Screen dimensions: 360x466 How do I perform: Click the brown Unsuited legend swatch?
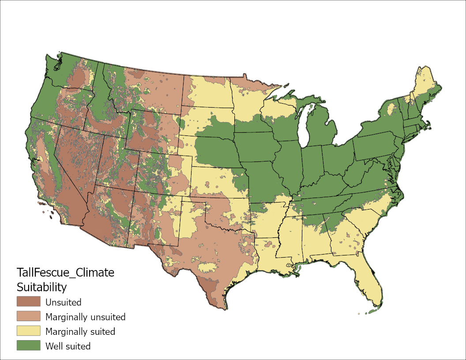(28, 302)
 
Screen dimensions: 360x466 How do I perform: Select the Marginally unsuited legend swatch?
(28, 317)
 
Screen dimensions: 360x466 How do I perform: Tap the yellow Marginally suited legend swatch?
(28, 331)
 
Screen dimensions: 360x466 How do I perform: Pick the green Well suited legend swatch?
(28, 346)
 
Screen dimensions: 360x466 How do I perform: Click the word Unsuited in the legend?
(63, 302)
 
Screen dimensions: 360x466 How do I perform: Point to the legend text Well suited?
(68, 346)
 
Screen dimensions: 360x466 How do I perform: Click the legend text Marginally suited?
(80, 331)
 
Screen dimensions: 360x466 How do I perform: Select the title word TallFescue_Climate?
(65, 272)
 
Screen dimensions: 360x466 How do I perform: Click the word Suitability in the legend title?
(41, 287)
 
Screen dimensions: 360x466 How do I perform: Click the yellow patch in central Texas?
(207, 267)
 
